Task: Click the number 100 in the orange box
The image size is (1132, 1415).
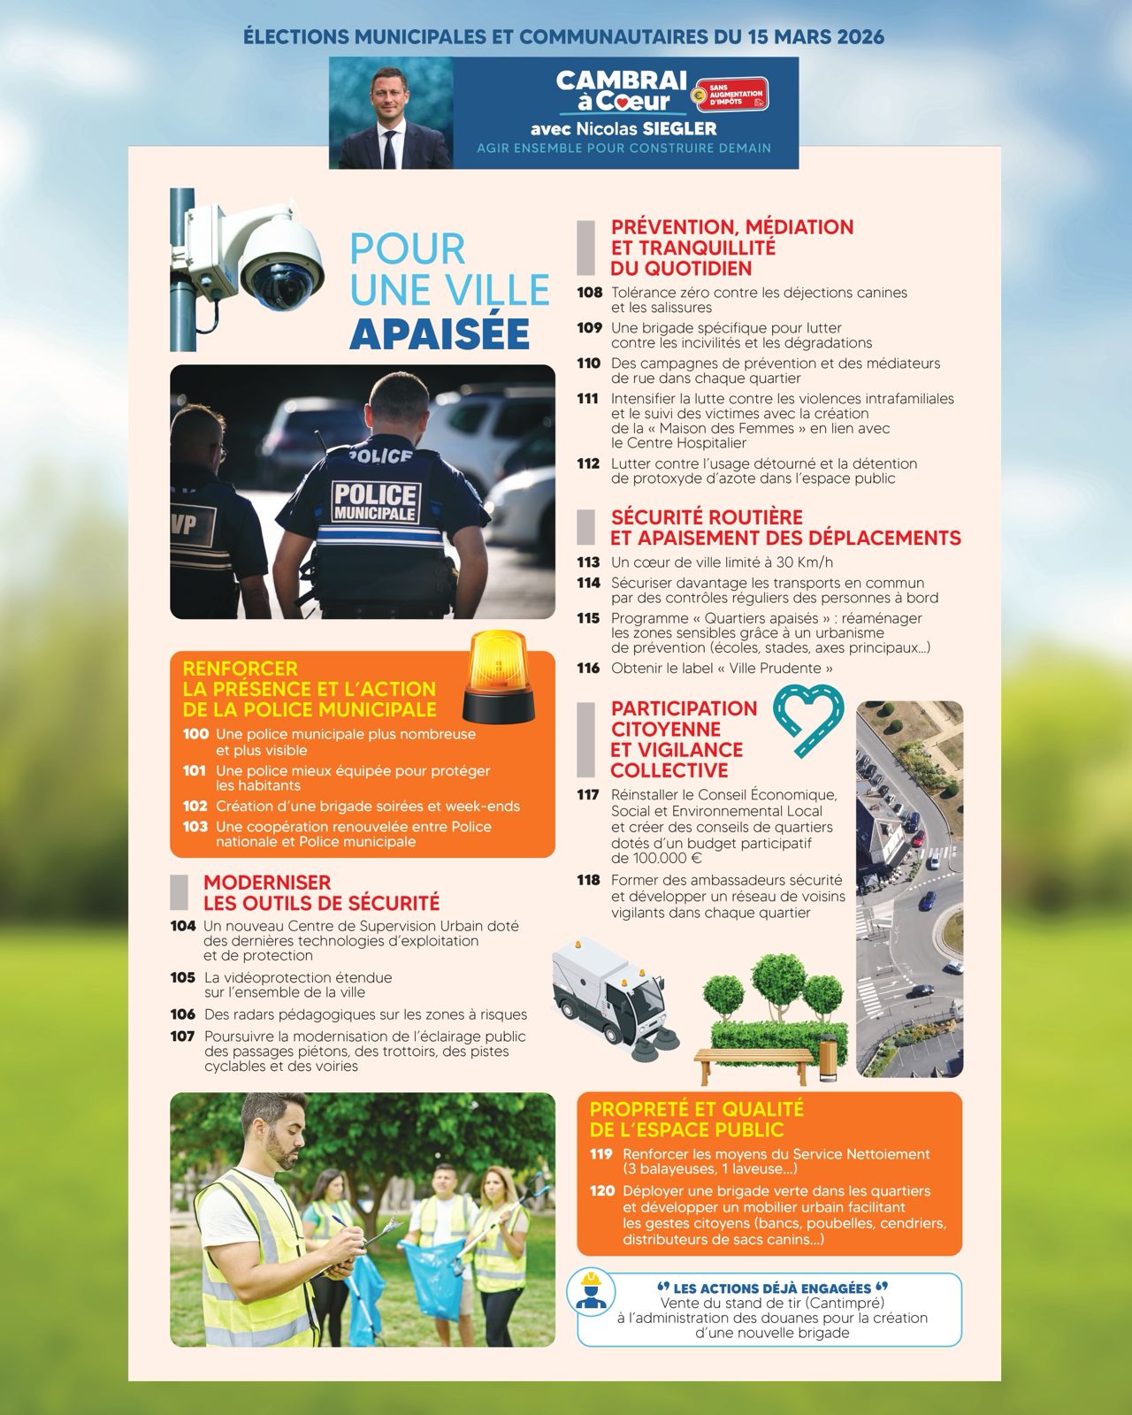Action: (x=195, y=734)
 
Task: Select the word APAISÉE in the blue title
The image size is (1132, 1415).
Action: (x=440, y=333)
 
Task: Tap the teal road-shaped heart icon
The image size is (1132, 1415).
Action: (x=808, y=722)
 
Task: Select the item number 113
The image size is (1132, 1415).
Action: (x=588, y=562)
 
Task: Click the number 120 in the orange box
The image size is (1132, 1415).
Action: (x=601, y=1191)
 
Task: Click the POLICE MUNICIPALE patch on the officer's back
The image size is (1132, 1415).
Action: (x=375, y=501)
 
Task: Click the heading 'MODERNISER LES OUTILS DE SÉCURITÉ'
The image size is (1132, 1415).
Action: (x=321, y=892)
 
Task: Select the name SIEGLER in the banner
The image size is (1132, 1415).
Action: (x=680, y=129)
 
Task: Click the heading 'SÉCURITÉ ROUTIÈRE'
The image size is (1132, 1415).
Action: (x=707, y=517)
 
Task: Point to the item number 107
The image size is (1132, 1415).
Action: (x=182, y=1036)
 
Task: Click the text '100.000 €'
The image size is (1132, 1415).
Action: (x=656, y=858)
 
